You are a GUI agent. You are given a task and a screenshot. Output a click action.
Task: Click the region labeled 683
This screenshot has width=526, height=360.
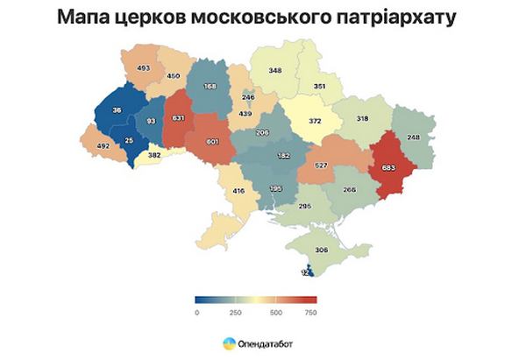click(389, 166)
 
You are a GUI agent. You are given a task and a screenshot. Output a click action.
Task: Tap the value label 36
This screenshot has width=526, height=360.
click(117, 109)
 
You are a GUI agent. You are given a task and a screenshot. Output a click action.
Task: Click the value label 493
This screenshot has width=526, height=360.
click(145, 67)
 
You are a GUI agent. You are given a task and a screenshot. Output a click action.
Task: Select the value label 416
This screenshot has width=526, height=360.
click(238, 190)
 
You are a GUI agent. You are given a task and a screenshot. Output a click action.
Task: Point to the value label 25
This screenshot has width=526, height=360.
click(130, 141)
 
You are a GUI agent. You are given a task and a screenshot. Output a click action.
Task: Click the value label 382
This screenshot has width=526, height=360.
click(154, 154)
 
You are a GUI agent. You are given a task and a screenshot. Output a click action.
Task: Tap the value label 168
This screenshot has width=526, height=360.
click(210, 86)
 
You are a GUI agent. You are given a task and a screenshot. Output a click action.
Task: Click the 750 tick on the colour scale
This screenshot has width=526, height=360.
click(309, 313)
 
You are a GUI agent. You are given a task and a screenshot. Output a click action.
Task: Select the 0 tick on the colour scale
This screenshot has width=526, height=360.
click(197, 313)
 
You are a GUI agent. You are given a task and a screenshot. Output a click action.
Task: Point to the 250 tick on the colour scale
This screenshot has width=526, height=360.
click(235, 313)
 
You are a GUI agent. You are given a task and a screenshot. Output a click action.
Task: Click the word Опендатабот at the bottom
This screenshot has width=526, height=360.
click(267, 343)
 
